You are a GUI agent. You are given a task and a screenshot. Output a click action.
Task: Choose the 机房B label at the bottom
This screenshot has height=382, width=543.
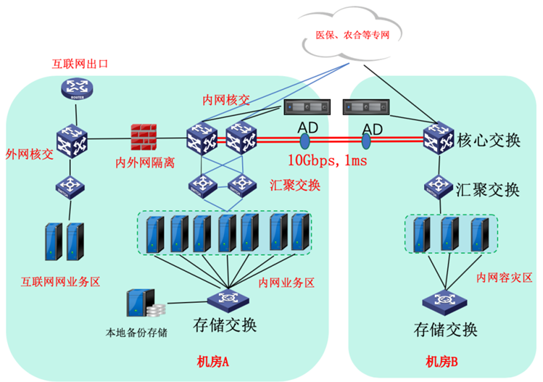point(442,361)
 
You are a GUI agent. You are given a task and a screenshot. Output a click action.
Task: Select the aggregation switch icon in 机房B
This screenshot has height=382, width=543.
point(439,186)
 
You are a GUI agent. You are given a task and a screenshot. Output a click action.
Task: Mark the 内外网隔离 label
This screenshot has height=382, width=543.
point(146,162)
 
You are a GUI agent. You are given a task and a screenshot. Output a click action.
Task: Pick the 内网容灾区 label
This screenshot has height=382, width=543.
point(505,278)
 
